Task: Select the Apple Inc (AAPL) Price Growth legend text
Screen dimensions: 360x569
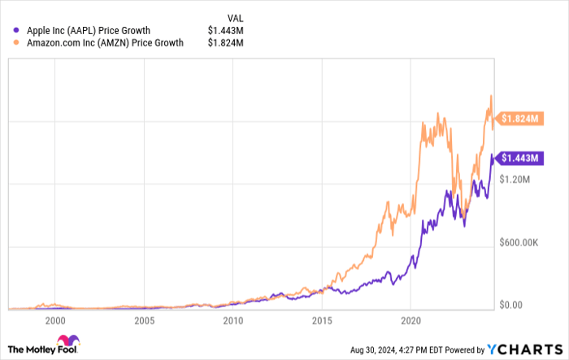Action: point(87,31)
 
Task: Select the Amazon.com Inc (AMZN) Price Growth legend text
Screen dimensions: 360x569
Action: point(104,42)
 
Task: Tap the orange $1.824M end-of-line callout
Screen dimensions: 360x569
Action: point(520,119)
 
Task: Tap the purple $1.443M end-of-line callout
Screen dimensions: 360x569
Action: point(520,158)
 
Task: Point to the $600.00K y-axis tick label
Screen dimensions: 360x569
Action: point(520,242)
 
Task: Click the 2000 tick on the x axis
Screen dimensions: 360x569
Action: point(55,320)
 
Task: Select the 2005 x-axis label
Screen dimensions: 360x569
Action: point(144,320)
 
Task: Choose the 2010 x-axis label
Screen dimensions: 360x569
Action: point(232,320)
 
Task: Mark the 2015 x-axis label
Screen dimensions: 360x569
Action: point(322,320)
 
